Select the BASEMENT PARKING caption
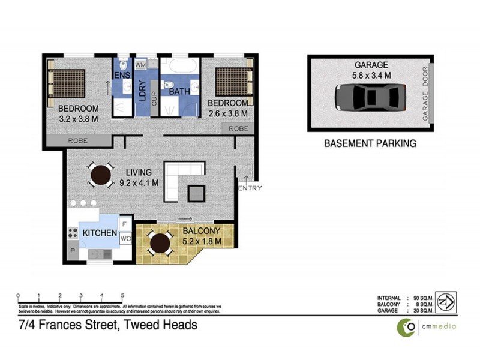coord(370,144)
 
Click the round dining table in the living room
coord(100,176)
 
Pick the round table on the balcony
coord(160,243)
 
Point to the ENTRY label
coord(250,188)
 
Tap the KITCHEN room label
coord(99,232)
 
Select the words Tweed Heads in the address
coord(164,325)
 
